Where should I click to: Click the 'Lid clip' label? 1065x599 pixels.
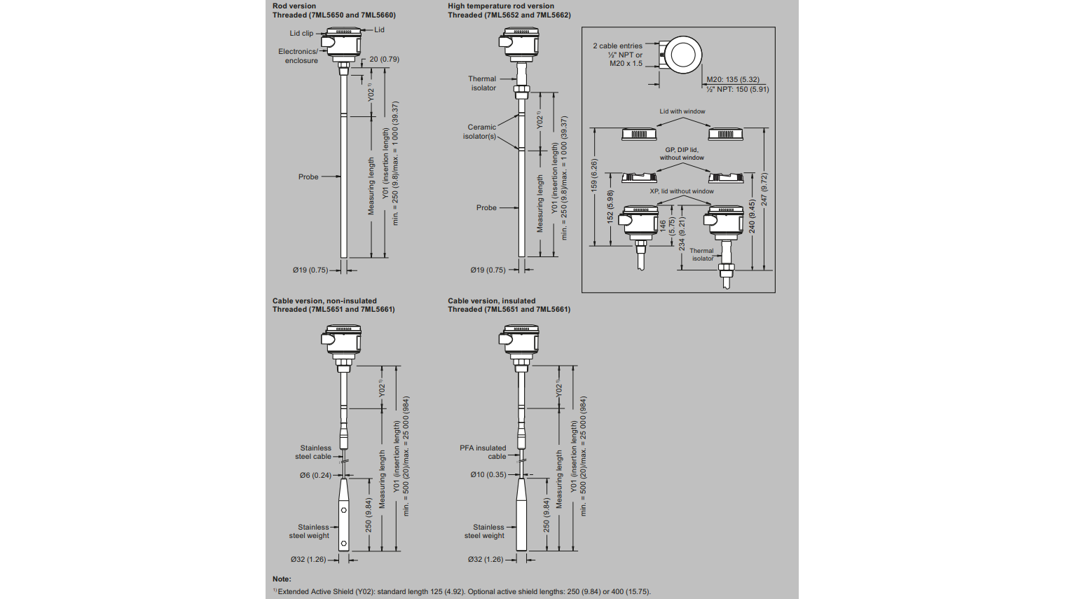[301, 34]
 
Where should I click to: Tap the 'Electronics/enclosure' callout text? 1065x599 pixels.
[300, 56]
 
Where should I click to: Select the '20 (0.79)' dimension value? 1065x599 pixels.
[384, 60]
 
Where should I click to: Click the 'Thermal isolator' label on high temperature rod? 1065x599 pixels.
[482, 83]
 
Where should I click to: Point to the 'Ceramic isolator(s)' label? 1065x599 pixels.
[481, 132]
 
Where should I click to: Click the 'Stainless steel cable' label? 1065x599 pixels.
[315, 453]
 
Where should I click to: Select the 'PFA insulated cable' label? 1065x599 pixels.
[483, 453]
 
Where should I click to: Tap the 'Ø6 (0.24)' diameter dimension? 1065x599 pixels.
[315, 476]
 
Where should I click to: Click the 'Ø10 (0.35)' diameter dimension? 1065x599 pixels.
[488, 475]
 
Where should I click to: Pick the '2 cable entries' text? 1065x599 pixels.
[617, 46]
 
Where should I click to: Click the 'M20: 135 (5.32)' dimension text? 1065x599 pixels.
[732, 80]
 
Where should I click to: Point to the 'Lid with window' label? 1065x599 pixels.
[682, 111]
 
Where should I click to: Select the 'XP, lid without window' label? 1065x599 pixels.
[681, 191]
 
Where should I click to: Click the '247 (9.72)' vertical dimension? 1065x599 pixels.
[764, 188]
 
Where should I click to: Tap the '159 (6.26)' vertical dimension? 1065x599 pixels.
[594, 176]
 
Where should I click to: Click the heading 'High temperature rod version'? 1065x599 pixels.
[500, 6]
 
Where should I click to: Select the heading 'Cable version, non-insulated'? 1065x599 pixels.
[324, 301]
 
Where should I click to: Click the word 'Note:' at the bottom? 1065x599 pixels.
[282, 579]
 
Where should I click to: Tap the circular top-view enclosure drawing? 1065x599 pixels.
[682, 55]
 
